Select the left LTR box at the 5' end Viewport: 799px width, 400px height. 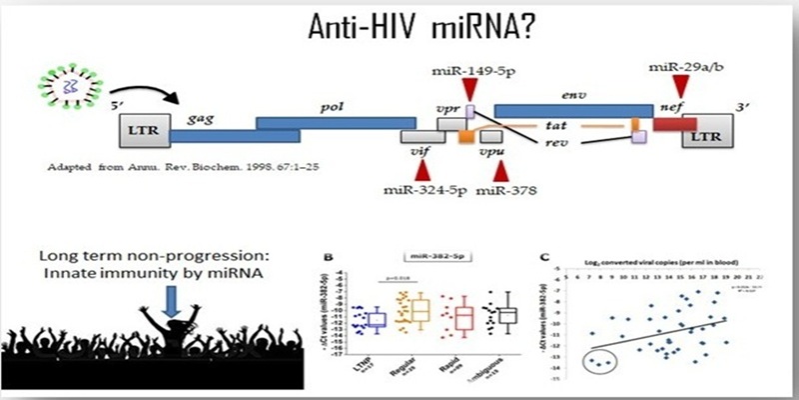[140, 129]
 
